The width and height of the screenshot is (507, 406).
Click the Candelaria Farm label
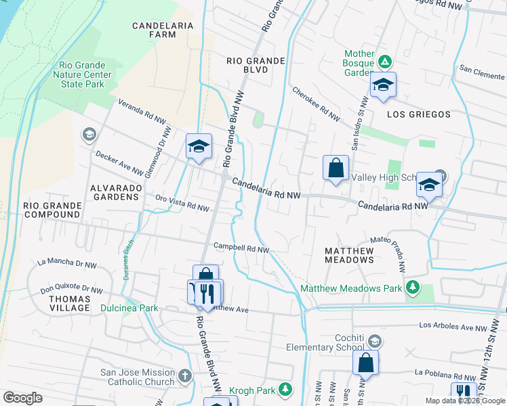(163, 30)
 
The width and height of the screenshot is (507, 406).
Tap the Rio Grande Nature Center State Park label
(83, 74)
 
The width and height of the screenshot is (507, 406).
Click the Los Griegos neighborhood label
(418, 114)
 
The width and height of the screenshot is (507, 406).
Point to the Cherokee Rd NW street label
(316, 104)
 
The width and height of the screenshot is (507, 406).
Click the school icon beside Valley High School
(428, 183)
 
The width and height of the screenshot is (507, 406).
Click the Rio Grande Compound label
(52, 209)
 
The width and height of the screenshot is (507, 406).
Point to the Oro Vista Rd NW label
(182, 204)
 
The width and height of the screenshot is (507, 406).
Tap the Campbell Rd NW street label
(241, 248)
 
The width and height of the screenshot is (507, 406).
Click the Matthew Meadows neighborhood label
(348, 255)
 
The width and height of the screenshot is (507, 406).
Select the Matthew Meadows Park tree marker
(412, 288)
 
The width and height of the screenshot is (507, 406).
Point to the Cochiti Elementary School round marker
(375, 341)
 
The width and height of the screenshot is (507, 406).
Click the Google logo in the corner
(23, 397)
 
